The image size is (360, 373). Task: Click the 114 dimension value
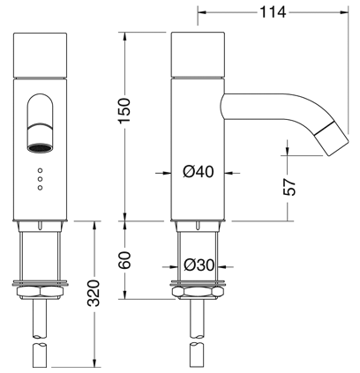click(x=273, y=12)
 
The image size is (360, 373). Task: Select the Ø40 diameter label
click(x=198, y=172)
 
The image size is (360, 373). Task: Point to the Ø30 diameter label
click(x=199, y=265)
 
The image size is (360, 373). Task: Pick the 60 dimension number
click(x=124, y=260)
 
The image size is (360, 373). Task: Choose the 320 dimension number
click(x=94, y=294)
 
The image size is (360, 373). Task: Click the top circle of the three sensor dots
click(x=41, y=170)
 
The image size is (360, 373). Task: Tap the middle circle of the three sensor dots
click(x=41, y=179)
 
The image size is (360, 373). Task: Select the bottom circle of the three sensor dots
click(x=41, y=188)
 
